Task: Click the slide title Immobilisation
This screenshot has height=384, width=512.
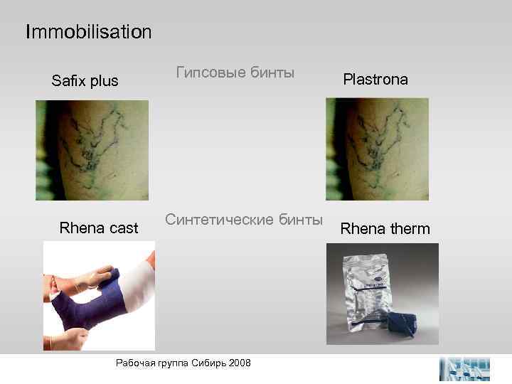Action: click(88, 32)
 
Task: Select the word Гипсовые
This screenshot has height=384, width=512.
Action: click(211, 73)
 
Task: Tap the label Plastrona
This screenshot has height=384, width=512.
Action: click(375, 79)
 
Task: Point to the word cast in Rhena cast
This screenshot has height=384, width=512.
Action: click(122, 228)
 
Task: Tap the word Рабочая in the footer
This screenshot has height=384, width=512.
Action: click(133, 363)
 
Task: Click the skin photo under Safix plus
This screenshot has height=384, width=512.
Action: click(92, 149)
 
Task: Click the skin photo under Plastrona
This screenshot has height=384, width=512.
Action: click(377, 149)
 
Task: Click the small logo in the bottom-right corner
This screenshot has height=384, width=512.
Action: click(465, 368)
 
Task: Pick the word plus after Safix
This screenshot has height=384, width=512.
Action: click(104, 81)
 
